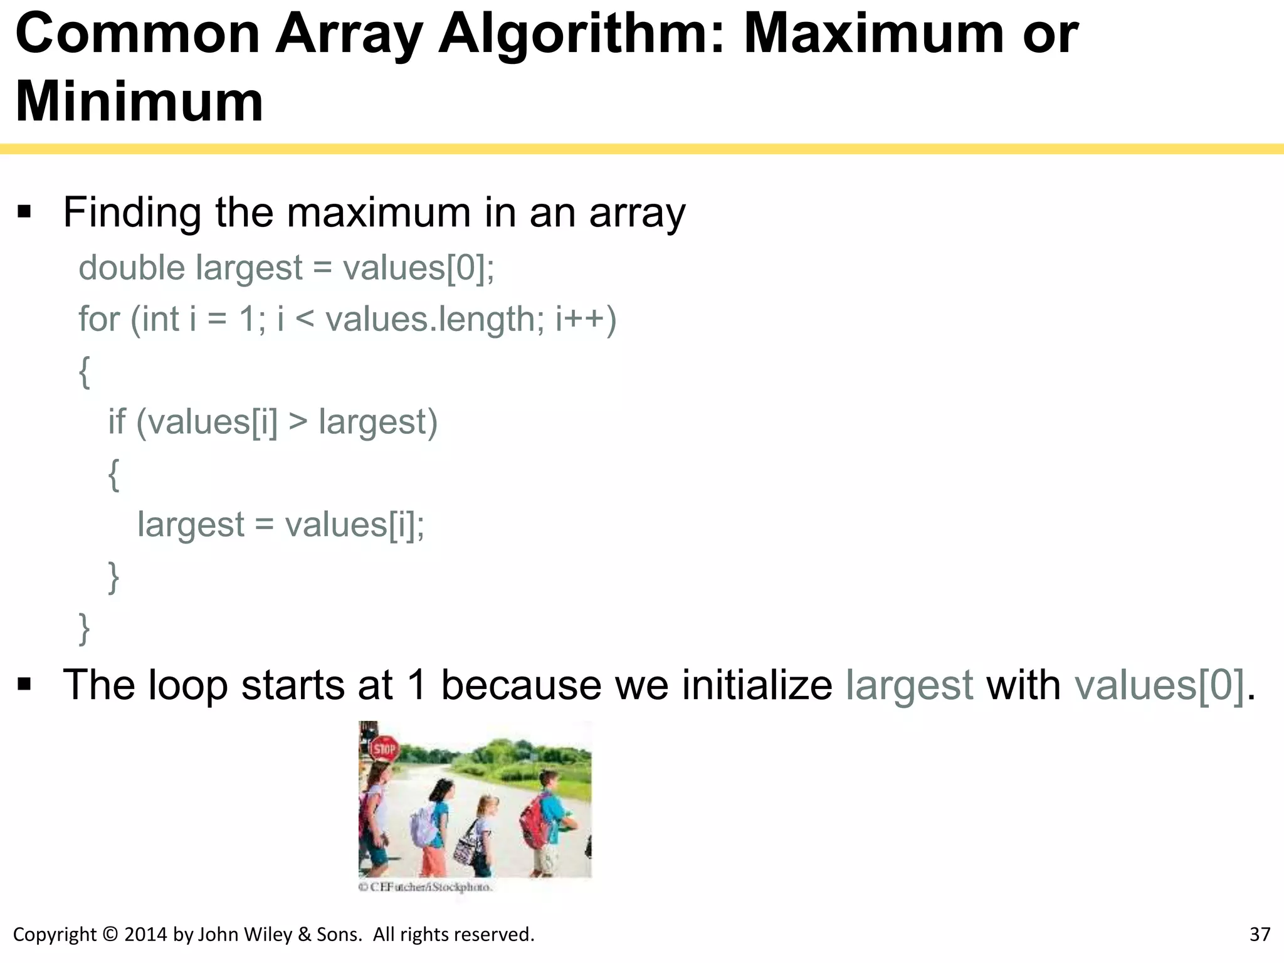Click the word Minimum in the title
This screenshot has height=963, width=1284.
[139, 102]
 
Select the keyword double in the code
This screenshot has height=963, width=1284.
[132, 268]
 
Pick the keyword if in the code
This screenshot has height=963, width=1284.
[117, 421]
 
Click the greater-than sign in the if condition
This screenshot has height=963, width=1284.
[298, 422]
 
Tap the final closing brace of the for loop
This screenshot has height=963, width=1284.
[84, 628]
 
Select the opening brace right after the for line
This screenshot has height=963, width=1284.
[84, 372]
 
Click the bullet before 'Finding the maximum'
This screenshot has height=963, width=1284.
[25, 212]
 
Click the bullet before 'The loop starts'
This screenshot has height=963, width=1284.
[25, 684]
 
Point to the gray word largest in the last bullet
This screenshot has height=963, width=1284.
[909, 685]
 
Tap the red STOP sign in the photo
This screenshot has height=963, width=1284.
[384, 748]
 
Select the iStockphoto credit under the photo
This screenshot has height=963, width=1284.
[426, 887]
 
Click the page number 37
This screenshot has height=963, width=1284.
[1260, 935]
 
